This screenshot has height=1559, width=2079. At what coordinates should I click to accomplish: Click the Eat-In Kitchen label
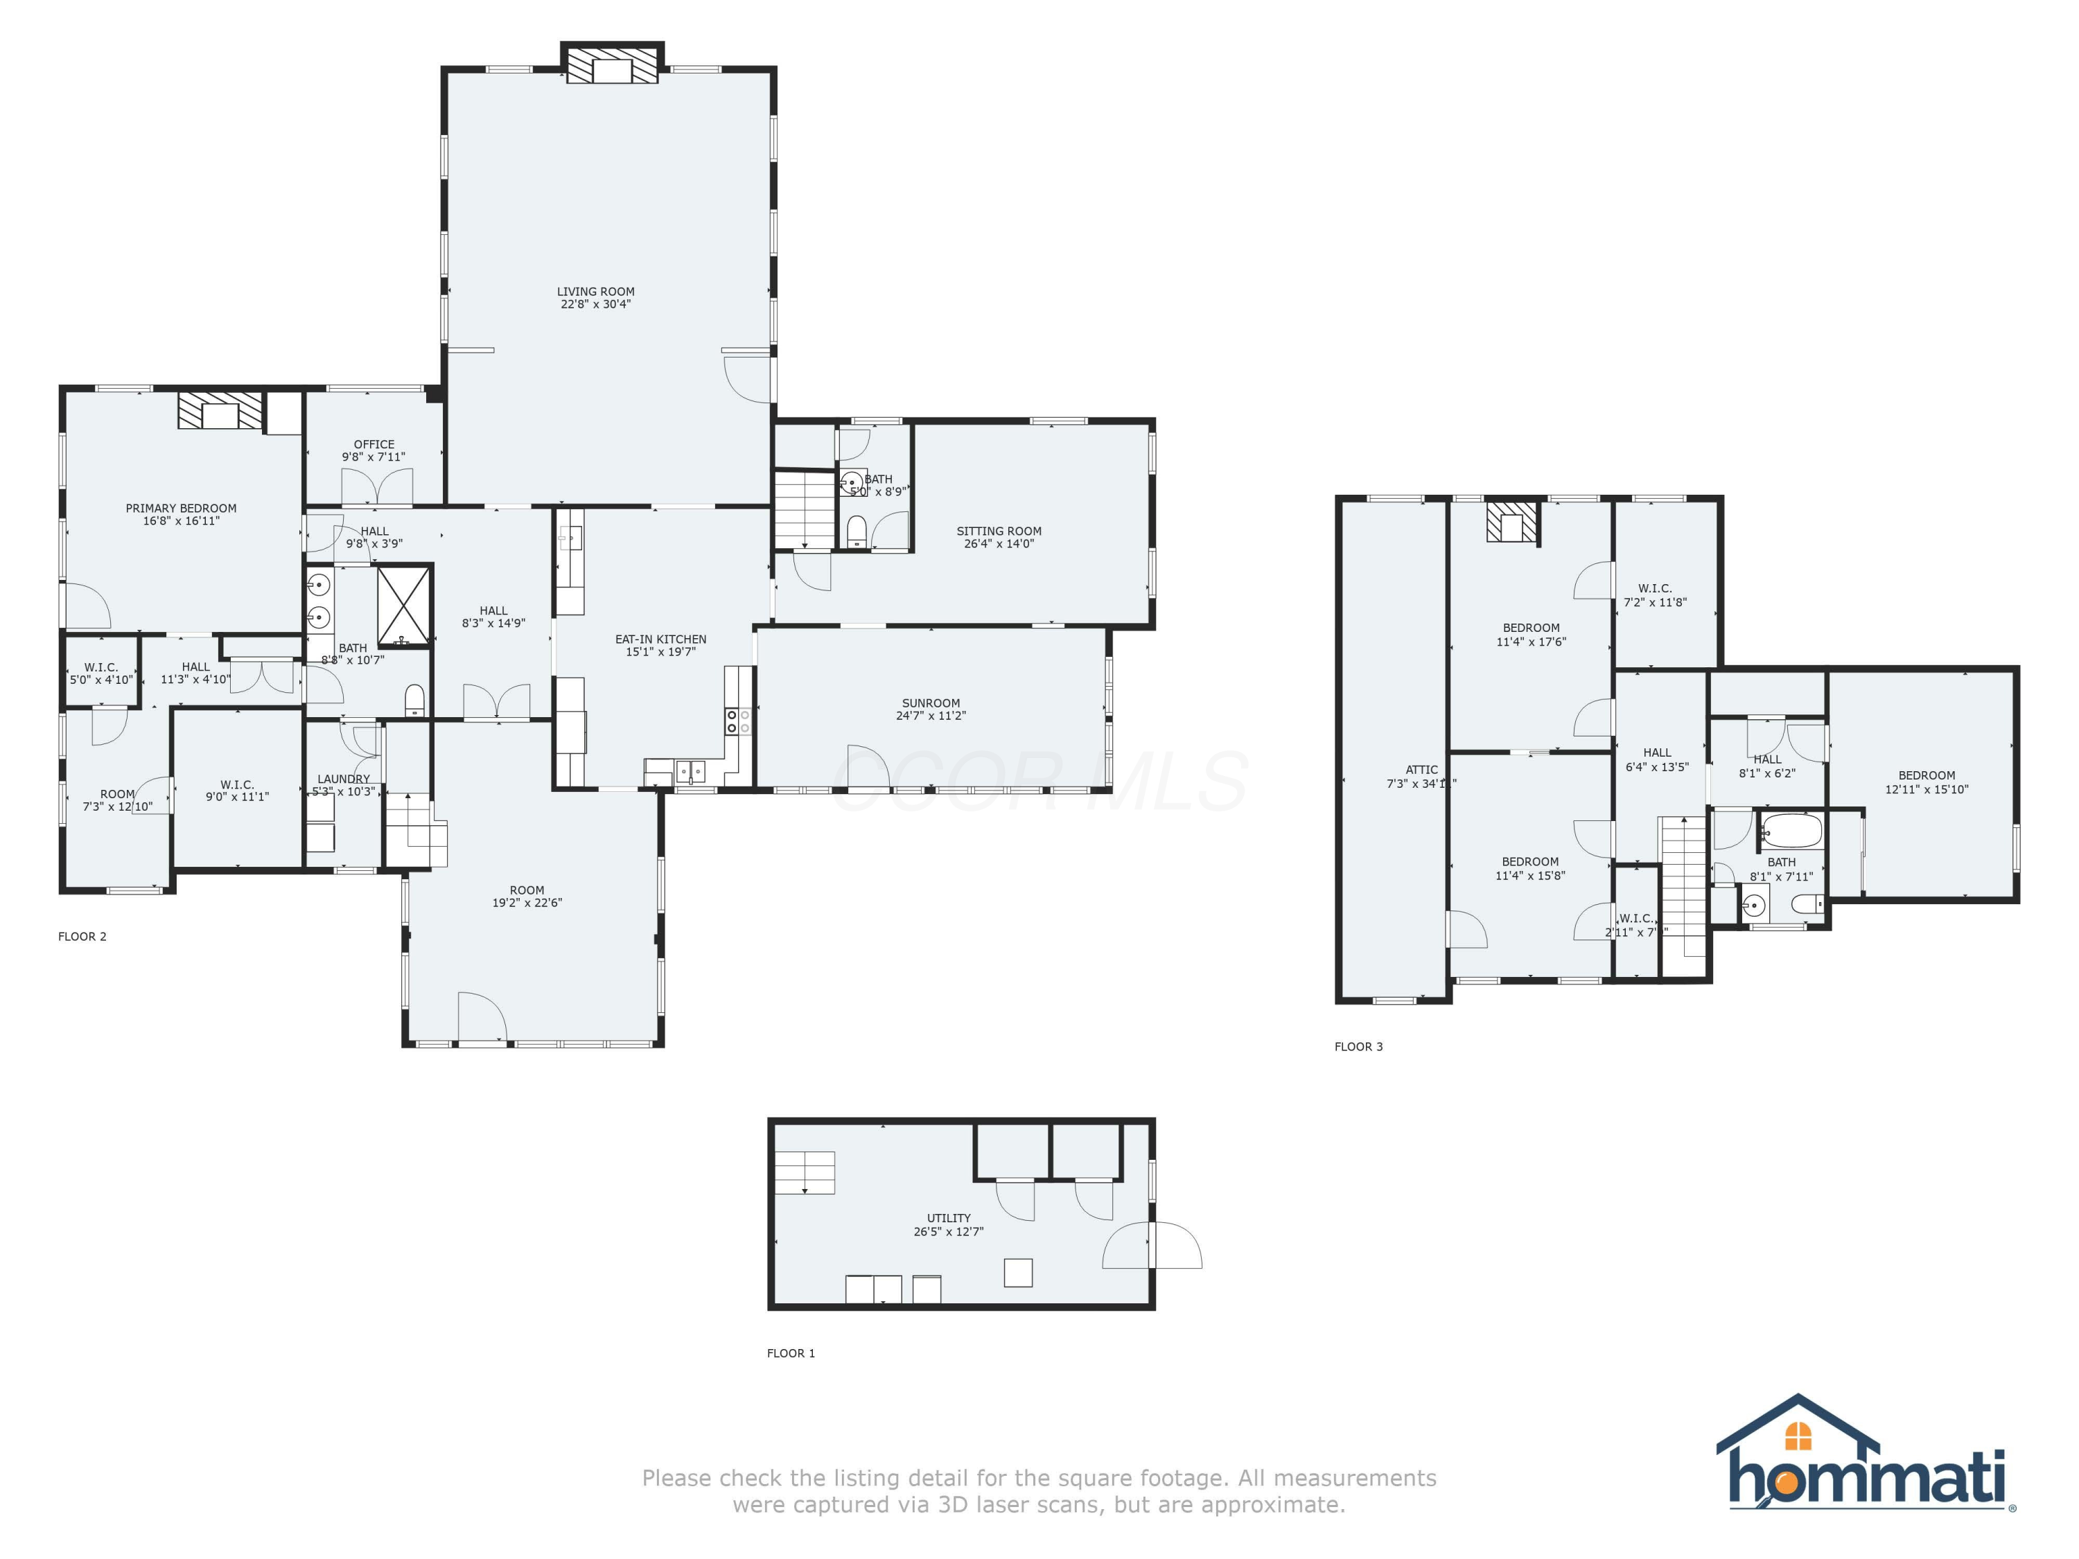tap(660, 639)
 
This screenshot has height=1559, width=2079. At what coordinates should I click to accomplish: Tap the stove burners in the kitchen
tap(738, 722)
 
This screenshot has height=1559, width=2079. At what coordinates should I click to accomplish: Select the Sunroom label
tap(931, 703)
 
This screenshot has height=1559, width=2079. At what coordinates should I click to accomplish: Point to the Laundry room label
tap(343, 779)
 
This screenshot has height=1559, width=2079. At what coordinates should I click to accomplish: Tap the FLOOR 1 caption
tap(791, 1353)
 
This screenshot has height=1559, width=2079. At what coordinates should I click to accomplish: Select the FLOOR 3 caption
tap(1358, 1047)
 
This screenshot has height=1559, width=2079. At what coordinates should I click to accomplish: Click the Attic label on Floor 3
tap(1421, 770)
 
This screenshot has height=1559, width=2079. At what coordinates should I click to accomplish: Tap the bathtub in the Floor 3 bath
tap(1791, 831)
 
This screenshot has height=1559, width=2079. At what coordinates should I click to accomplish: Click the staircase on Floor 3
tap(1683, 883)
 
